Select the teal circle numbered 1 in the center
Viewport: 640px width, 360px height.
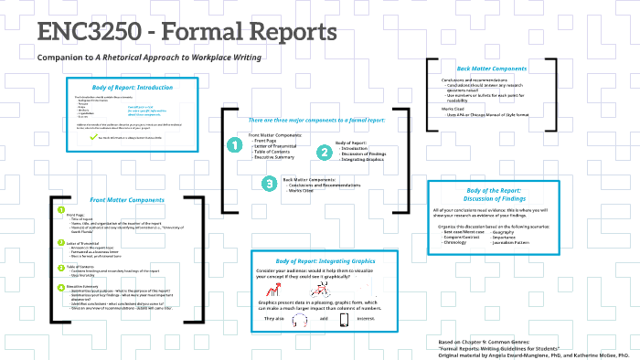[x=234, y=144]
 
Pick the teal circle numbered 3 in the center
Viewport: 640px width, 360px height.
[x=268, y=184]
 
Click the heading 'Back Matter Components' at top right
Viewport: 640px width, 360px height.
[x=490, y=68]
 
